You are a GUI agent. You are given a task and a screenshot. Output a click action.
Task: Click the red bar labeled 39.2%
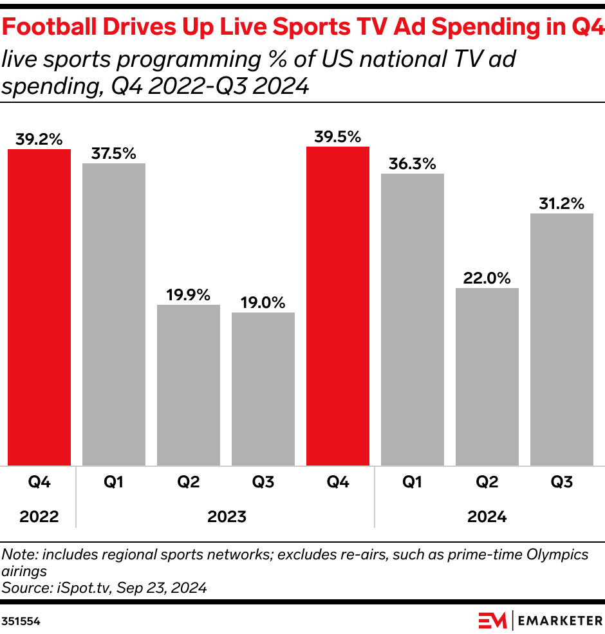tap(39, 307)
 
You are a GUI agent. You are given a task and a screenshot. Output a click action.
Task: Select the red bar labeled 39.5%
tap(338, 306)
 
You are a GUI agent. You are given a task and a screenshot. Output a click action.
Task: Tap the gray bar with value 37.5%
tap(114, 314)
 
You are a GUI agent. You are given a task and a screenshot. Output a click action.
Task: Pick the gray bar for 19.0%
tap(263, 389)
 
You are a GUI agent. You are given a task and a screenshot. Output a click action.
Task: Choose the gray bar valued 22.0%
tap(487, 377)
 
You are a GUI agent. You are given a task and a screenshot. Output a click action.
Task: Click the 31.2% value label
tap(562, 204)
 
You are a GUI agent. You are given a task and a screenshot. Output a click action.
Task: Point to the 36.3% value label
tap(413, 164)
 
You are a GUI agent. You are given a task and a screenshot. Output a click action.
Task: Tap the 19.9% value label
tap(189, 295)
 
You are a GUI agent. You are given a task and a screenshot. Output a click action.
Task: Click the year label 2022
tap(39, 516)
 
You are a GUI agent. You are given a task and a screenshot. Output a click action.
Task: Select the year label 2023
tap(227, 516)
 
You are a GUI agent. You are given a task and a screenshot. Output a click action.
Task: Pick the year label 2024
tap(487, 516)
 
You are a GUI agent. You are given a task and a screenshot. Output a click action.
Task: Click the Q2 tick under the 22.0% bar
tap(487, 482)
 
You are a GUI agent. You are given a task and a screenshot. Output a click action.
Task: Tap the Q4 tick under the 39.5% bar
tap(338, 482)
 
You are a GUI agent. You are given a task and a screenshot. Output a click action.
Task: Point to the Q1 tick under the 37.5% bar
tap(114, 482)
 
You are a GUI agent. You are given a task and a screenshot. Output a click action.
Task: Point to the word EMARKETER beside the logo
tap(560, 620)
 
